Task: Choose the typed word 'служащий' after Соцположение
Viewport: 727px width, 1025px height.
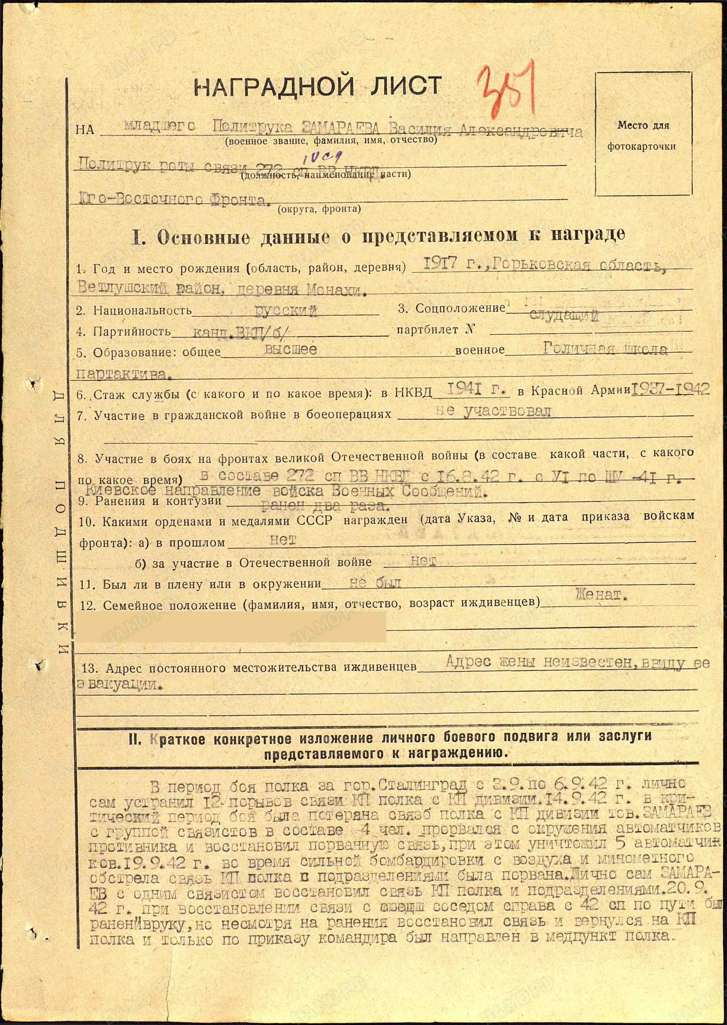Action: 564,316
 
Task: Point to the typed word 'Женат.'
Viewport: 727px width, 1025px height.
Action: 601,595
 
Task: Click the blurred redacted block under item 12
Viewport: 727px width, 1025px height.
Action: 231,628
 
